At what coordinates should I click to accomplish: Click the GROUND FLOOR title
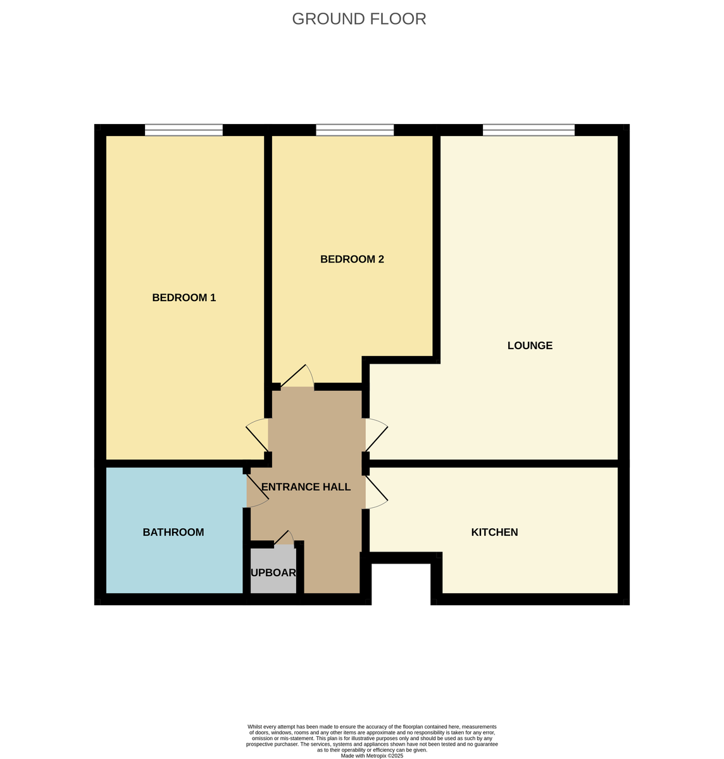[x=359, y=19]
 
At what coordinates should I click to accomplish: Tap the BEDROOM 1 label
[x=184, y=297]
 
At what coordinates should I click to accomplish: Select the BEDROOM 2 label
[x=352, y=259]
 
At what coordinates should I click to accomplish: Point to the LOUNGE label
[x=530, y=345]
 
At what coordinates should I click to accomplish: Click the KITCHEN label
[x=494, y=532]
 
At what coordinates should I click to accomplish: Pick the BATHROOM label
[x=173, y=532]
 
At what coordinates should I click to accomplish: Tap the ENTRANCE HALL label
[x=306, y=486]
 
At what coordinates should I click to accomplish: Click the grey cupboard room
[x=273, y=572]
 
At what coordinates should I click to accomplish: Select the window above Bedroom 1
[x=184, y=130]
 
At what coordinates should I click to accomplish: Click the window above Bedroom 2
[x=354, y=130]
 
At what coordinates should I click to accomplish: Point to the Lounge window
[x=528, y=130]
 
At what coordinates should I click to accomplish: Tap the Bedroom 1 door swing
[x=257, y=435]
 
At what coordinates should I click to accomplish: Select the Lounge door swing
[x=376, y=435]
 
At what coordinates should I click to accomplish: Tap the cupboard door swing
[x=284, y=538]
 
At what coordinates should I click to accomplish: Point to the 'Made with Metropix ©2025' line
[x=371, y=755]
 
